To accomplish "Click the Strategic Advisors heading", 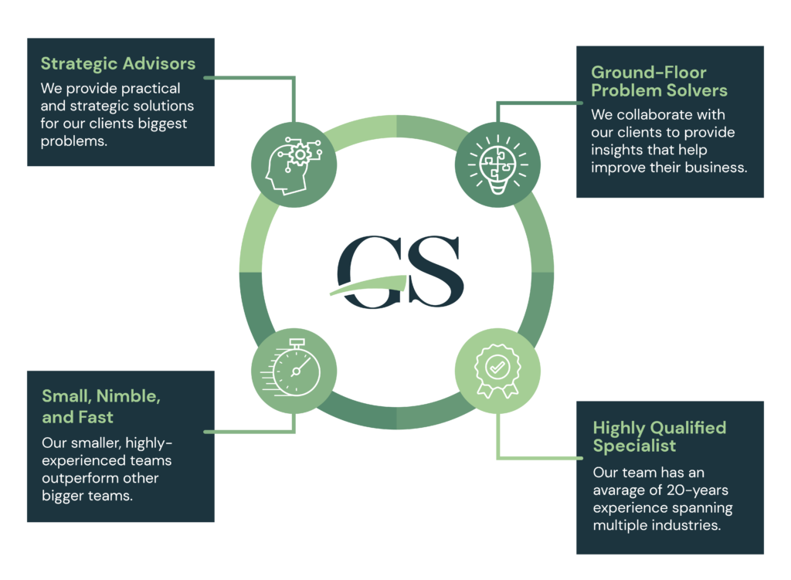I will [x=118, y=63].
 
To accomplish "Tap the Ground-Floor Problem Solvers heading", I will [x=659, y=82].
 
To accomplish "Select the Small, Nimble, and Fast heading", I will [x=101, y=407].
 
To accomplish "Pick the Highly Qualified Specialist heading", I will [x=659, y=436].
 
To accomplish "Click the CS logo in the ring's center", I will [x=398, y=270].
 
